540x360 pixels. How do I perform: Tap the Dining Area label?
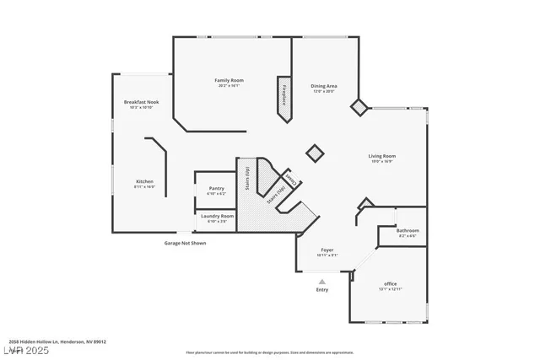324,85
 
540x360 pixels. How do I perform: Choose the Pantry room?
216,190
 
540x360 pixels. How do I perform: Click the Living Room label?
381,156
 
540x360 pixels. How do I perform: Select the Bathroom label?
408,230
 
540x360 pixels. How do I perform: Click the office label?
390,283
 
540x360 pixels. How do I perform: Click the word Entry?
322,290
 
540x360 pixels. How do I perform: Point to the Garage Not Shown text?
185,243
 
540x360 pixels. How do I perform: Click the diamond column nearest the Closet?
314,153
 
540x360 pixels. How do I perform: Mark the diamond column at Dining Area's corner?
359,106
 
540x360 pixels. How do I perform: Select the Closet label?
291,180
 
